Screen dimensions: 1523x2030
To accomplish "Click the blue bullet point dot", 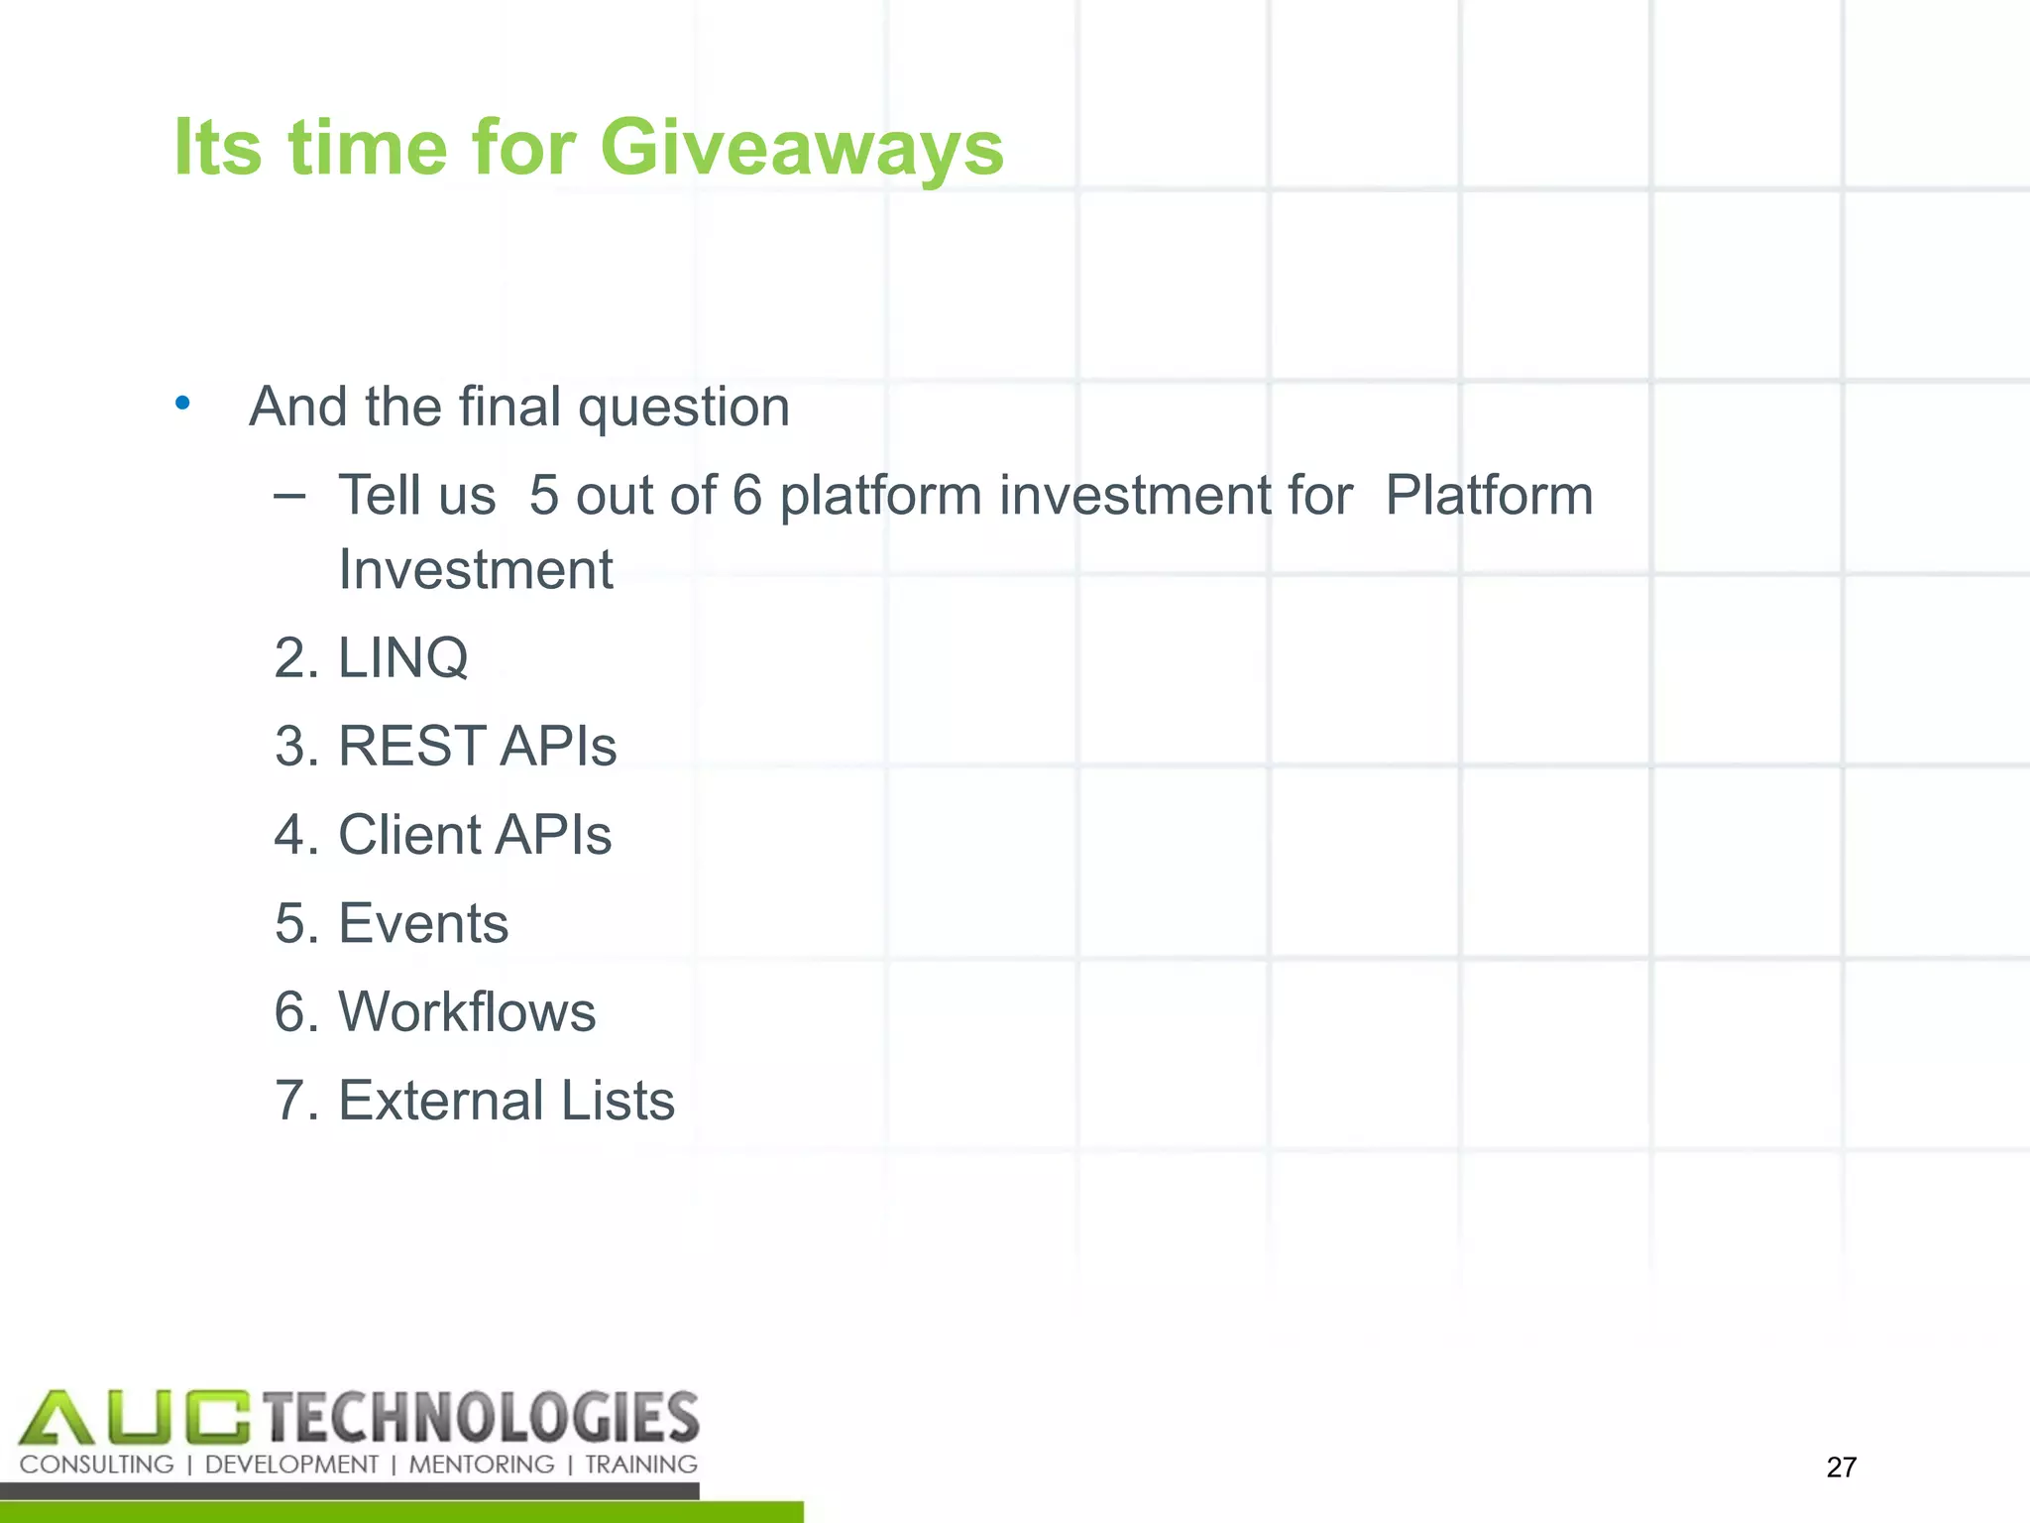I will (182, 403).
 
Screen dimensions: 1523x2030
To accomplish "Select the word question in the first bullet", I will (683, 408).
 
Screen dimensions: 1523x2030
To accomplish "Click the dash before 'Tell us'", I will (289, 495).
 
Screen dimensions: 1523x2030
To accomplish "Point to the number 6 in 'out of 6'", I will (746, 495).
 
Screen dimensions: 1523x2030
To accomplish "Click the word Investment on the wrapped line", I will (476, 570).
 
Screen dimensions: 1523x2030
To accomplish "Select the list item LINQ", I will (402, 657).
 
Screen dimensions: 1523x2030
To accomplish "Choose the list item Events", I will (423, 923).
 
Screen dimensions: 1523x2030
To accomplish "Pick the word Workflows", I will (467, 1011).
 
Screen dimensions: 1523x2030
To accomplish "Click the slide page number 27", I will (1841, 1466).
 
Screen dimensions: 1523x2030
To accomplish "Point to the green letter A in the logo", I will (56, 1418).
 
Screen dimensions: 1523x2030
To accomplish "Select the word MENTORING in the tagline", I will (482, 1464).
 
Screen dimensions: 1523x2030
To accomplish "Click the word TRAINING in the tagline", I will (640, 1464).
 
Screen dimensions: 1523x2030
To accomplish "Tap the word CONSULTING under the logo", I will (96, 1464).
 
